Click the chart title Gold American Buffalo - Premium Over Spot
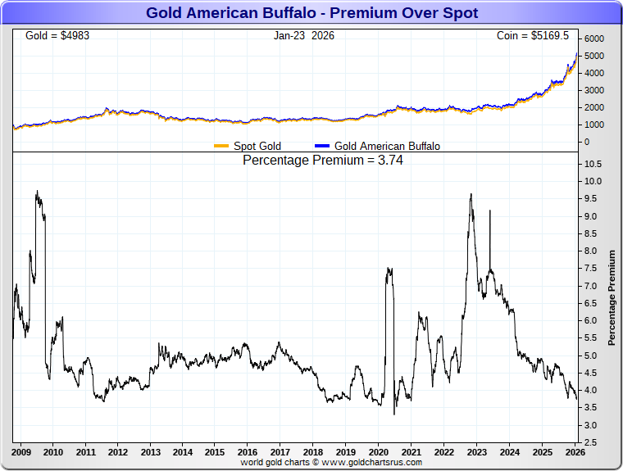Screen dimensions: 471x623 (x=311, y=13)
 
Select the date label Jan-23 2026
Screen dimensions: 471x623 (x=304, y=36)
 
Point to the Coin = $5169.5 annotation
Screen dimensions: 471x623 (x=533, y=36)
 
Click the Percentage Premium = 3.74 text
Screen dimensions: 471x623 (x=323, y=161)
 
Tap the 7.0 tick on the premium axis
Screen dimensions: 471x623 (x=590, y=286)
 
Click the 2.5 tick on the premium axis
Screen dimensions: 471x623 (x=590, y=442)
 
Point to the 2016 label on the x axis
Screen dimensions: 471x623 (x=247, y=452)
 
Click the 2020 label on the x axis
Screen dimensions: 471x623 (x=377, y=452)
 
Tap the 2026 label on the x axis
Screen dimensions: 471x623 (x=575, y=452)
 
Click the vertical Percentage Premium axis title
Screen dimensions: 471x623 (x=611, y=297)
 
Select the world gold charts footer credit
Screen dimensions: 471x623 (x=331, y=462)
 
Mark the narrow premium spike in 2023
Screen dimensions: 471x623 (x=489, y=211)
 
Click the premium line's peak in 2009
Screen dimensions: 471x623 (x=37, y=192)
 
